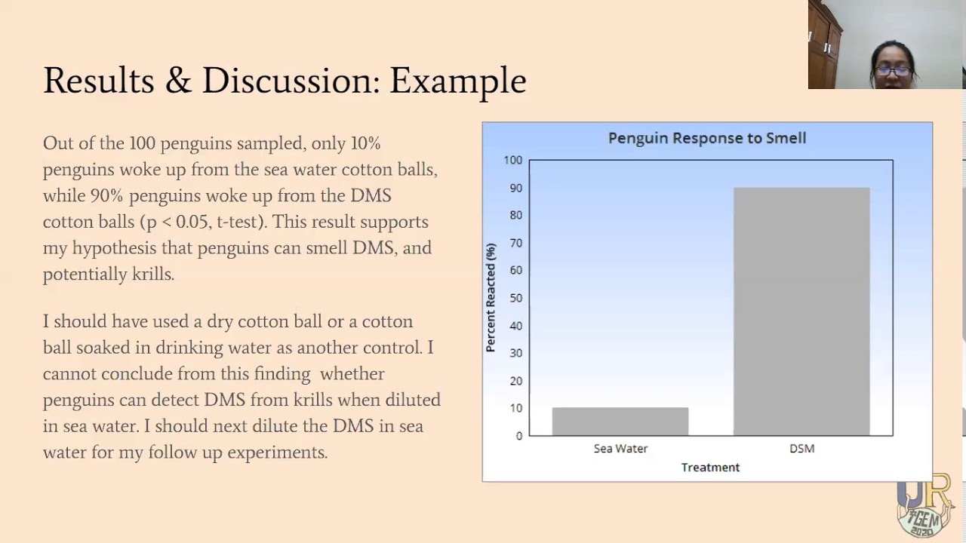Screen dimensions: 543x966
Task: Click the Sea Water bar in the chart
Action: point(620,421)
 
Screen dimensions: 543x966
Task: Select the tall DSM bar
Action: point(801,311)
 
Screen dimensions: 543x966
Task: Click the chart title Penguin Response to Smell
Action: point(707,138)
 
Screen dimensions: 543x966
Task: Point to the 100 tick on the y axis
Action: point(513,160)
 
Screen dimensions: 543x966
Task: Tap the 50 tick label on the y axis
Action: point(516,298)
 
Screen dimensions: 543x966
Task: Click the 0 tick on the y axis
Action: point(519,436)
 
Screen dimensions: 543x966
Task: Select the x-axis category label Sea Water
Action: point(620,449)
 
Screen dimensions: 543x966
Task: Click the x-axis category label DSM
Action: point(801,449)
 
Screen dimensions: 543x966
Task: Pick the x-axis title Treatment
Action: point(710,468)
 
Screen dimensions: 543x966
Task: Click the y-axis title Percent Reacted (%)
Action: point(491,297)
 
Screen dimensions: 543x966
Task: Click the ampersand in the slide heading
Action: point(179,81)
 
